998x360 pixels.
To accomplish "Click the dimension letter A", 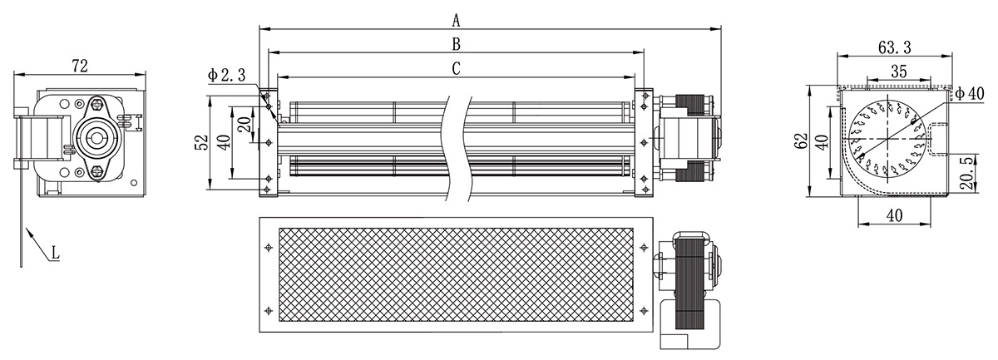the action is pos(456,20).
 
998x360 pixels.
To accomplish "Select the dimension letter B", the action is pos(456,44).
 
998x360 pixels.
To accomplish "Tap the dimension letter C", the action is pos(456,69).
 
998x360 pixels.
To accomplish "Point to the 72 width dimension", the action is pos(80,66).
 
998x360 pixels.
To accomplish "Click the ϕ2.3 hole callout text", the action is pos(226,76).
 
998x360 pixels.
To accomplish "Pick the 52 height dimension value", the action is pos(202,142).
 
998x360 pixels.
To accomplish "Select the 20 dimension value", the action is pos(245,125).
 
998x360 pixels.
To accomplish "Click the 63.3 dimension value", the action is pos(895,47).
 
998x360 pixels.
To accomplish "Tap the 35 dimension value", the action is pos(899,72).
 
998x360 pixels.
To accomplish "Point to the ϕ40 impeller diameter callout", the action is pos(970,94).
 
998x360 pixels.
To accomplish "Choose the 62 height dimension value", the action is pos(801,141).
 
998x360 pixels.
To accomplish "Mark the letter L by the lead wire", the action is pos(55,253).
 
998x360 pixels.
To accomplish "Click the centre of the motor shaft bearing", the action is pos(97,137).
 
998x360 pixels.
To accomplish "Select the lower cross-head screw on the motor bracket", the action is pos(97,170).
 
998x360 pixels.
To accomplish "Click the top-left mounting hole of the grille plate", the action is pos(268,247).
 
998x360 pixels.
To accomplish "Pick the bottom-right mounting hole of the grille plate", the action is pos(644,311).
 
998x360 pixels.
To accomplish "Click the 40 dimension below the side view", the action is pos(894,215).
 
